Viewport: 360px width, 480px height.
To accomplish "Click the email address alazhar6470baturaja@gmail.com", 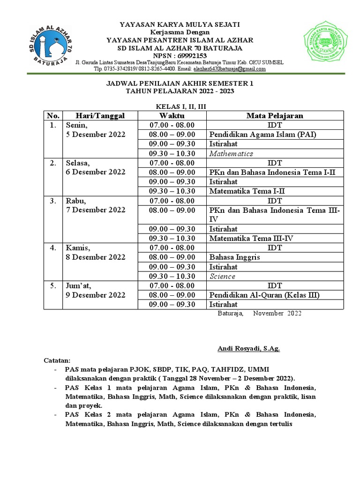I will [230, 69].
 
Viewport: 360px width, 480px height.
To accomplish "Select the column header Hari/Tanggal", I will [100, 116].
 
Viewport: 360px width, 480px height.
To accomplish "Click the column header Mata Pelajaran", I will [275, 116].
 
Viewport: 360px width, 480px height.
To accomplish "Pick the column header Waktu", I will [172, 116].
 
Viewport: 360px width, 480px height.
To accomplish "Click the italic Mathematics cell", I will [231, 154].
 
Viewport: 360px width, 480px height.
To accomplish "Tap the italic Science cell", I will [222, 277].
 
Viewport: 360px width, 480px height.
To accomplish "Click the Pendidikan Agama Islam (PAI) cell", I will [263, 135].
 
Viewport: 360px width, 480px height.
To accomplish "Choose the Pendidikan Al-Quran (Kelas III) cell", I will [264, 295].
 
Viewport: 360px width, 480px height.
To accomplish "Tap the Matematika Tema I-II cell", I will [247, 191].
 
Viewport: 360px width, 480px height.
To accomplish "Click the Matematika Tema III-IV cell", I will [251, 239].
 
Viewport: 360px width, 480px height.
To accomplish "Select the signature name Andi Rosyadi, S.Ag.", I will [249, 348].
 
